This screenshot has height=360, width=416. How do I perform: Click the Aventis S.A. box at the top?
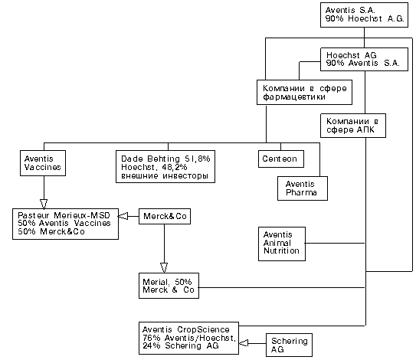[364, 15]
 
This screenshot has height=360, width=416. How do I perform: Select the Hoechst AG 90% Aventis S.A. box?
[364, 59]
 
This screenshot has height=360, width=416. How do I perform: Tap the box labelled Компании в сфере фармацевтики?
[304, 93]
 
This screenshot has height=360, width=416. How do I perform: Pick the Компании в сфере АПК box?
[353, 126]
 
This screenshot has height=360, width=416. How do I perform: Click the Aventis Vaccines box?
[43, 163]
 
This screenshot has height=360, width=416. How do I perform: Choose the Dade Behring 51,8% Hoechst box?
[165, 167]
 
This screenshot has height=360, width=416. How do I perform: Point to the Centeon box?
[281, 159]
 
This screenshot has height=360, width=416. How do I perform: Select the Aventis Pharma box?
[303, 188]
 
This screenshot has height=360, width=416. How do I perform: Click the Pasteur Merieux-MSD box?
[65, 224]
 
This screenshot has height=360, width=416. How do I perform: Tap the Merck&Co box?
[165, 216]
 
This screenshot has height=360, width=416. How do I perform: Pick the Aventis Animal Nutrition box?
[282, 244]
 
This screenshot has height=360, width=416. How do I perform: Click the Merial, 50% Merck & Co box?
[169, 286]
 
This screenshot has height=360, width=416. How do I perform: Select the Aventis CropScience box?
[188, 338]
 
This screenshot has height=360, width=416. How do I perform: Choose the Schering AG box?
[289, 345]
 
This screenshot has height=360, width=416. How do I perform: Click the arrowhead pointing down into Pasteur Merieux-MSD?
[44, 204]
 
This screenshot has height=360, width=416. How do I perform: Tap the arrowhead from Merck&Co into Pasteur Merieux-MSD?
[123, 216]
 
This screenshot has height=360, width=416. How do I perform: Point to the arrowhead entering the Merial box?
[164, 268]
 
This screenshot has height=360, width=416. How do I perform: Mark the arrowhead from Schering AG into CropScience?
[244, 343]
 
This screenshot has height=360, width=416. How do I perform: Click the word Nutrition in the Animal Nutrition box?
[281, 250]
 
